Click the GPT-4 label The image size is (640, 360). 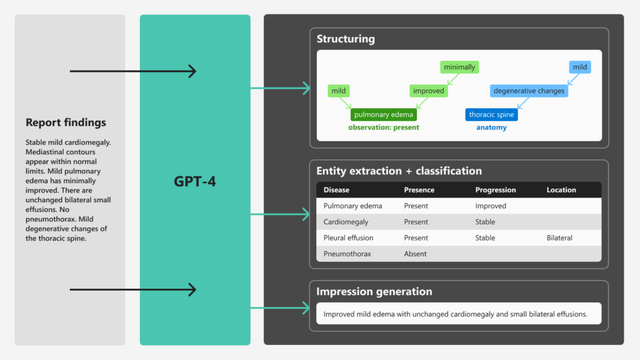pyautogui.click(x=195, y=182)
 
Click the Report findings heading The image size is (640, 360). pyautogui.click(x=66, y=122)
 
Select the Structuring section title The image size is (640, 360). pyautogui.click(x=345, y=39)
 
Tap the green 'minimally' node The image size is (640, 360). pyautogui.click(x=459, y=67)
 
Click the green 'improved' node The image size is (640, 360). pyautogui.click(x=429, y=91)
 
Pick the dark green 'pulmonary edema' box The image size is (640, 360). pyautogui.click(x=383, y=114)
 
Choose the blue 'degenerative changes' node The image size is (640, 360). pyautogui.click(x=529, y=91)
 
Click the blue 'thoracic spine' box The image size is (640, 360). pyautogui.click(x=491, y=114)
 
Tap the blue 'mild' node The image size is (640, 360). pyautogui.click(x=580, y=67)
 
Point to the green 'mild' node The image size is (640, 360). pyautogui.click(x=338, y=91)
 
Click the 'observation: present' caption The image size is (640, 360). pyautogui.click(x=383, y=127)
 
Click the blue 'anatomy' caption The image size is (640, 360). pyautogui.click(x=491, y=127)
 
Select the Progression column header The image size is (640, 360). pyautogui.click(x=495, y=190)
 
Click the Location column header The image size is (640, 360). pyautogui.click(x=561, y=190)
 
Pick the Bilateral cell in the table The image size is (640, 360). pyautogui.click(x=559, y=238)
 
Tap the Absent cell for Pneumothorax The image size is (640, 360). pyautogui.click(x=415, y=254)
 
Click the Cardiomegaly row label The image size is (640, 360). pyautogui.click(x=346, y=222)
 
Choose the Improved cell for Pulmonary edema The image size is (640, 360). pyautogui.click(x=491, y=206)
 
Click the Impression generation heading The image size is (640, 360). pyautogui.click(x=374, y=292)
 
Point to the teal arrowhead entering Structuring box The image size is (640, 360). pyautogui.click(x=306, y=88)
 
